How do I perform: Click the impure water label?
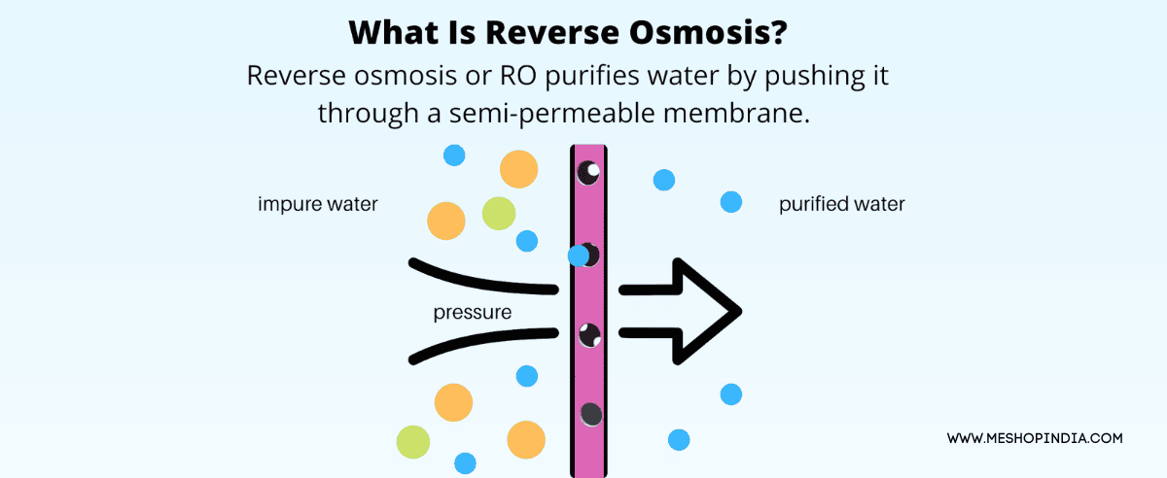pyautogui.click(x=317, y=205)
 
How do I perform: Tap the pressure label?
pyautogui.click(x=473, y=313)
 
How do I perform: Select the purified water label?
pyautogui.click(x=841, y=205)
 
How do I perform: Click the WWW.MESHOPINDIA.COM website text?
pyautogui.click(x=1035, y=439)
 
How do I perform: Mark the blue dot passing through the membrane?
pyautogui.click(x=579, y=256)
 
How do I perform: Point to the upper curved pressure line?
pyautogui.click(x=481, y=278)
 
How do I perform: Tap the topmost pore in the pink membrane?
pyautogui.click(x=588, y=173)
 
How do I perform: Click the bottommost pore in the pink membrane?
pyautogui.click(x=590, y=414)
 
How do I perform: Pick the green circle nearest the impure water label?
pyautogui.click(x=498, y=213)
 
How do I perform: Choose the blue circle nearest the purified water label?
pyautogui.click(x=731, y=202)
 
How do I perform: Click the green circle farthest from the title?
pyautogui.click(x=413, y=441)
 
